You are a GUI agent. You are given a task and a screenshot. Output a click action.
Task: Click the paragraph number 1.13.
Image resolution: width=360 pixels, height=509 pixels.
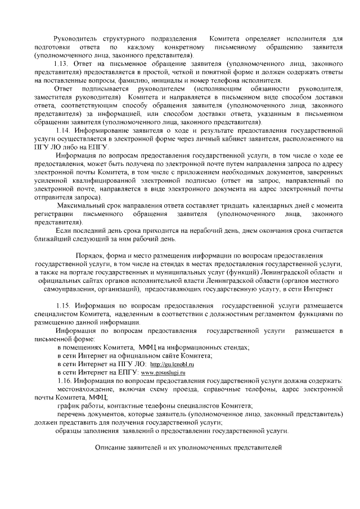(x=62, y=65)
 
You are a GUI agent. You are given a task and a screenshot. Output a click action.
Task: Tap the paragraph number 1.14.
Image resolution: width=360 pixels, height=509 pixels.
(x=64, y=130)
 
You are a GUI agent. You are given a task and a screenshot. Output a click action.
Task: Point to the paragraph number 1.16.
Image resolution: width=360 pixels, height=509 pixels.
(x=65, y=381)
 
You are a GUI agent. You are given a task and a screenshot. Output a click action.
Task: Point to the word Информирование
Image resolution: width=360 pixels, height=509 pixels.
(x=101, y=130)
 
